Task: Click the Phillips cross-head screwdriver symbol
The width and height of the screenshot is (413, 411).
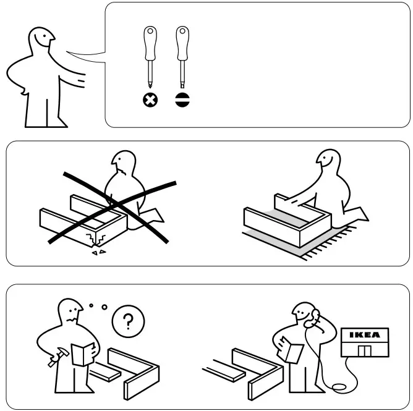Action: point(150,100)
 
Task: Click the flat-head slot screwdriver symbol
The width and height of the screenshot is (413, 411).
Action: point(181,100)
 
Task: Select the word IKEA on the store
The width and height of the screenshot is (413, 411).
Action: point(365,336)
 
